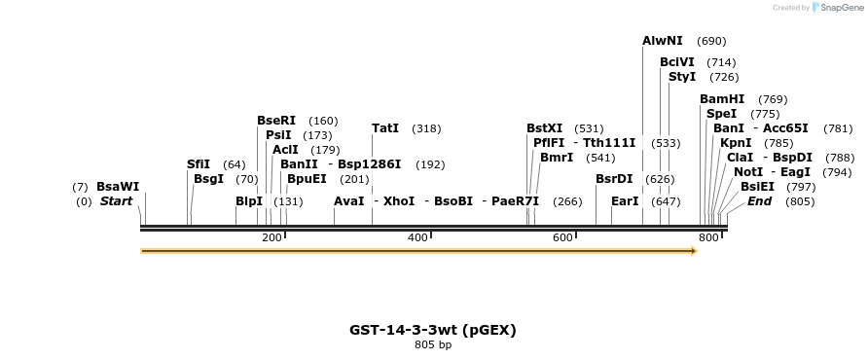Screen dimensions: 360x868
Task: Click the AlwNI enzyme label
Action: point(663,41)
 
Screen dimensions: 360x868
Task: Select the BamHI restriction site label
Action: point(722,99)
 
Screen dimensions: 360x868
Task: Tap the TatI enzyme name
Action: point(385,128)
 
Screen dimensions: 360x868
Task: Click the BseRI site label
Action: point(276,121)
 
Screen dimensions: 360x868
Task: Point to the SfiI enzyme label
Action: point(199,164)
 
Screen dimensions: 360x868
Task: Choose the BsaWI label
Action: point(118,187)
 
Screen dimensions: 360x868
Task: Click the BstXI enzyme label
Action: point(545,128)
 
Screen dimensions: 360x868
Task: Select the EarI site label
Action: point(625,201)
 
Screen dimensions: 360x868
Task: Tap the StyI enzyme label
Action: point(682,77)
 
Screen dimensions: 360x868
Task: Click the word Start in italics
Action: point(116,201)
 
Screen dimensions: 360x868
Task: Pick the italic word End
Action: point(759,201)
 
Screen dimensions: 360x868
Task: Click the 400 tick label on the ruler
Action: point(417,238)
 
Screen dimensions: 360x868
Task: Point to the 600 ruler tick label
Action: point(562,238)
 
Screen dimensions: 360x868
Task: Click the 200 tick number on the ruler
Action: point(271,238)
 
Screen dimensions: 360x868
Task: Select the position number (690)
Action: point(712,41)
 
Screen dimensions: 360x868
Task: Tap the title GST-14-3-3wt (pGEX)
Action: point(433,330)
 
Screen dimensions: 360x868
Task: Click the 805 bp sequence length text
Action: point(433,344)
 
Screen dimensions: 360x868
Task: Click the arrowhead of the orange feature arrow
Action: point(694,251)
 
